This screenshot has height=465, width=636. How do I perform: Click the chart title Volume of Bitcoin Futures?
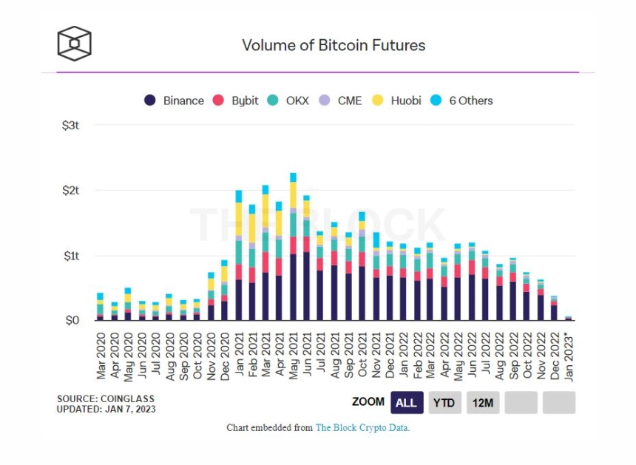click(x=334, y=45)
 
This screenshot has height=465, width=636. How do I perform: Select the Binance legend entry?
click(x=175, y=101)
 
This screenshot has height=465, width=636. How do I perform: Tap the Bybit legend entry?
click(x=236, y=101)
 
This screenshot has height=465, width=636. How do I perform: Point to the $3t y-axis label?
click(x=70, y=126)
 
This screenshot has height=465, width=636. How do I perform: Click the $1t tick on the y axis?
click(x=70, y=256)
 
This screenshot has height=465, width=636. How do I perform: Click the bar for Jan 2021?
click(x=239, y=259)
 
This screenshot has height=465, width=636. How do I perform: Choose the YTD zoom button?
click(x=444, y=402)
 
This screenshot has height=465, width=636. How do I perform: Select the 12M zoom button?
click(x=482, y=402)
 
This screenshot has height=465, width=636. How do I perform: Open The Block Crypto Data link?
click(x=362, y=428)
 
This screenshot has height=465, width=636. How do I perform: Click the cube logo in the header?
click(x=75, y=44)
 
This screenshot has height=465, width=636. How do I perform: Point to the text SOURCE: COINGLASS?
click(x=98, y=398)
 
